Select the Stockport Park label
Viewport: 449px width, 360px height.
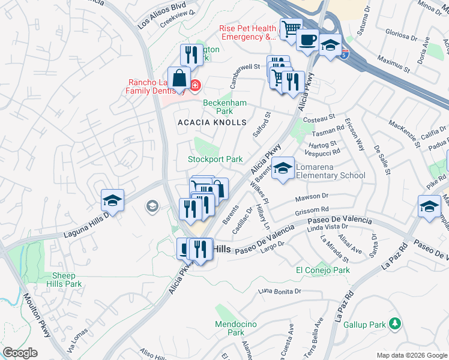pyautogui.click(x=215, y=160)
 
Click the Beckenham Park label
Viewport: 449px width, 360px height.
pyautogui.click(x=225, y=107)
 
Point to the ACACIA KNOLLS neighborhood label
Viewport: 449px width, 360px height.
pyautogui.click(x=212, y=122)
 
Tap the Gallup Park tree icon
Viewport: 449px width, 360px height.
pyautogui.click(x=394, y=325)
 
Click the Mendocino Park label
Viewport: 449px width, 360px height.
pyautogui.click(x=230, y=328)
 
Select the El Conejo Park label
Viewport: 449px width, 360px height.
pyautogui.click(x=323, y=271)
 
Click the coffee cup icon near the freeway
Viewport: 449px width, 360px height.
pyautogui.click(x=307, y=40)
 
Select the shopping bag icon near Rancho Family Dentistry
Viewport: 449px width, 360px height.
pyautogui.click(x=179, y=79)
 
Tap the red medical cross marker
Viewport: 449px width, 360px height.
pyautogui.click(x=194, y=86)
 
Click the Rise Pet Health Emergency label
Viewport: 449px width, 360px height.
pyautogui.click(x=248, y=32)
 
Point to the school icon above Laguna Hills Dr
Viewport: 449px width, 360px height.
pyautogui.click(x=112, y=200)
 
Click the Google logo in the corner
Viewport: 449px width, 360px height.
pyautogui.click(x=20, y=353)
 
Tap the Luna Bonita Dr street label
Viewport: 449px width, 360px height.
pyautogui.click(x=279, y=291)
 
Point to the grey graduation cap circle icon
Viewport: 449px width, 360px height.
pyautogui.click(x=152, y=207)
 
